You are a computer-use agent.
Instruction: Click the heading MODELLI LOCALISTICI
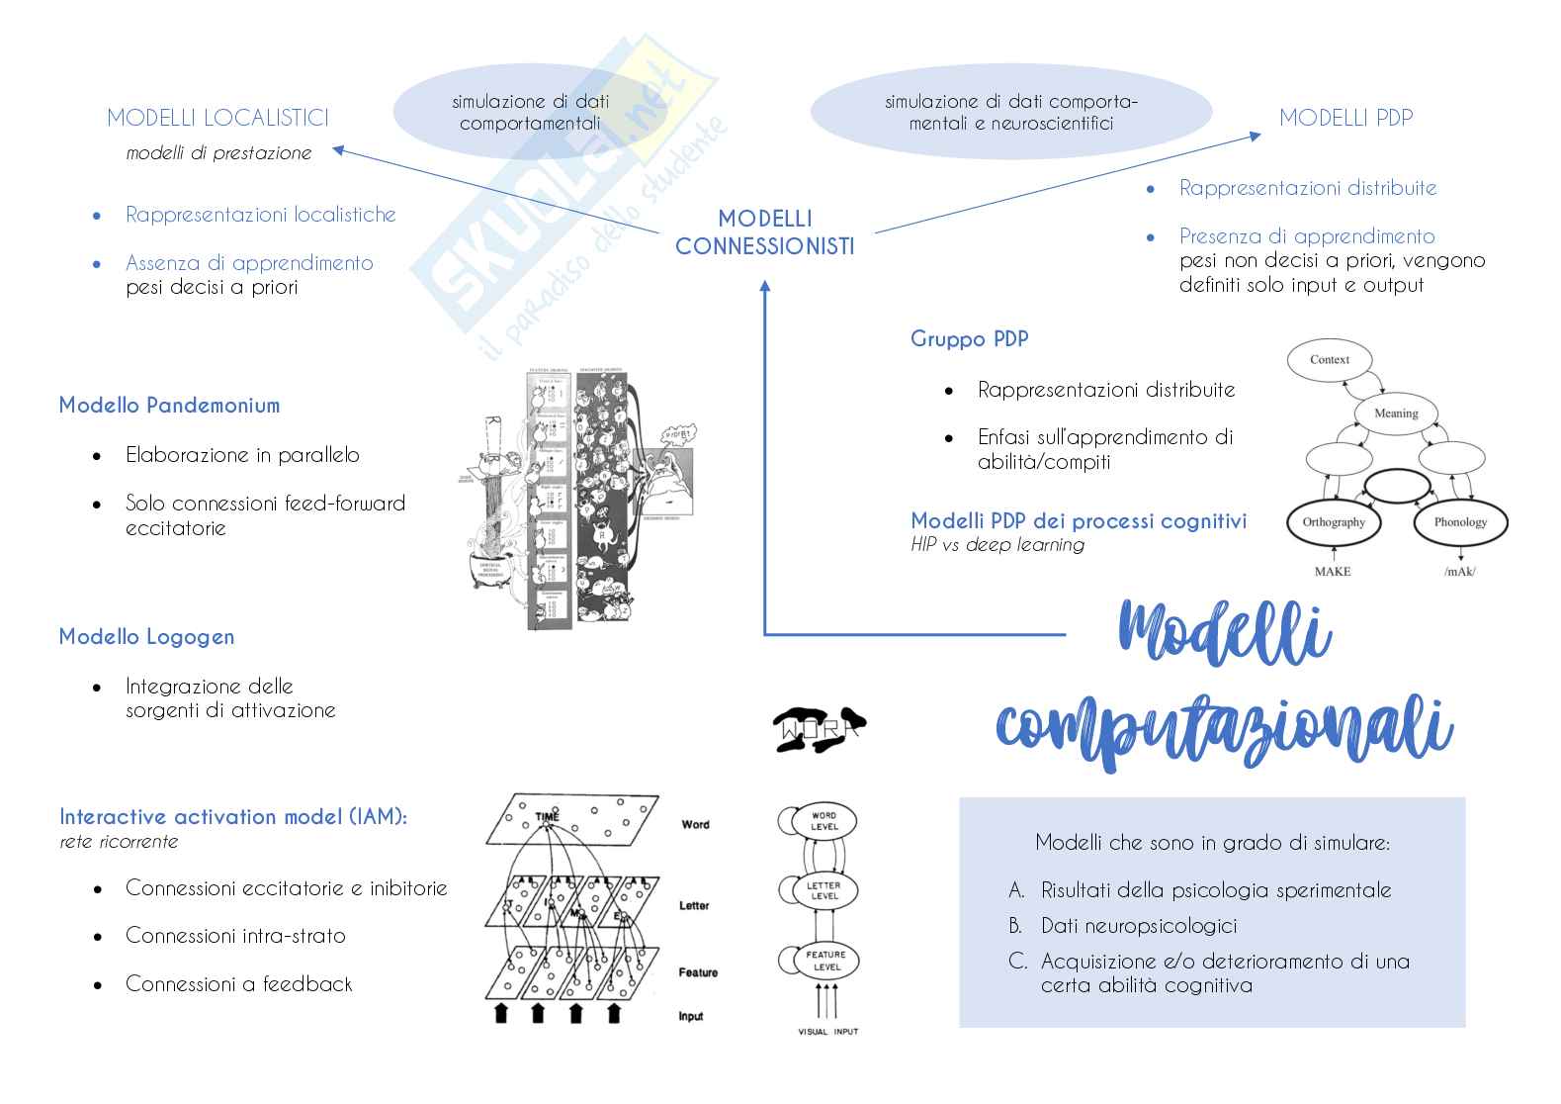point(217,118)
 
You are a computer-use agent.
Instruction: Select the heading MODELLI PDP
point(1345,118)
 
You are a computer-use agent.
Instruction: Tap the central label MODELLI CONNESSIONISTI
point(764,232)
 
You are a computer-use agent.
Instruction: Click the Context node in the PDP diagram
point(1329,360)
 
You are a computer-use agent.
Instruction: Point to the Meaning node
point(1395,414)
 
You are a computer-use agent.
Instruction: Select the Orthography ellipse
point(1334,522)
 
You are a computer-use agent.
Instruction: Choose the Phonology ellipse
point(1459,522)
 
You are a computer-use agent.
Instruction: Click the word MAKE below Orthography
point(1332,572)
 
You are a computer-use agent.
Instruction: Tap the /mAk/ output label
point(1459,572)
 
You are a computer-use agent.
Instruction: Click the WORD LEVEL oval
point(824,821)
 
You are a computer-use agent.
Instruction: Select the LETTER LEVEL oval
point(824,890)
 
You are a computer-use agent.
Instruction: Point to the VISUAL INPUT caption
point(828,1032)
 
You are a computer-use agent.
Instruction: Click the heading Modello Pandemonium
point(169,405)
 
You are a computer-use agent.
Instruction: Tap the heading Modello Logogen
point(146,636)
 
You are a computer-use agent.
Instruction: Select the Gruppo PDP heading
point(969,339)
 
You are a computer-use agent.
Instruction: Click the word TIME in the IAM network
point(547,817)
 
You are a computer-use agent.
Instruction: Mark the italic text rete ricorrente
point(119,842)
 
